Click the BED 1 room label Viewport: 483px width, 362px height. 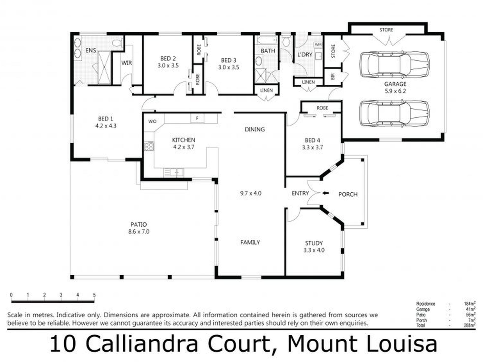pos(105,119)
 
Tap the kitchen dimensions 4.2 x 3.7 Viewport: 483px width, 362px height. pos(184,147)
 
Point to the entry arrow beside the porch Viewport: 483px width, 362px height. pos(326,193)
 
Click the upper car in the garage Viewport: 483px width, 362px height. pos(395,65)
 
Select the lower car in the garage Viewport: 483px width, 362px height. pos(395,114)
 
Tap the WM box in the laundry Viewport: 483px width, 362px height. pos(318,45)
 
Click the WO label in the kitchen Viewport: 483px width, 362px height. pos(152,121)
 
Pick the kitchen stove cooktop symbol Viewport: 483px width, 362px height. pos(149,147)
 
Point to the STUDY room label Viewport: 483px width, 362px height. pos(314,243)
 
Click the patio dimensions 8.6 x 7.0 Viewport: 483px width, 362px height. pos(139,232)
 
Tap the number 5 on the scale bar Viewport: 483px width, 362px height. pos(94,295)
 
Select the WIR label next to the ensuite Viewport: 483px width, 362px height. pos(127,62)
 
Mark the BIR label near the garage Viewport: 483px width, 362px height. pos(333,76)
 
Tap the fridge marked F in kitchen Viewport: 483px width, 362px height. pos(197,118)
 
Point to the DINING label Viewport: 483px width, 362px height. pos(255,129)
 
